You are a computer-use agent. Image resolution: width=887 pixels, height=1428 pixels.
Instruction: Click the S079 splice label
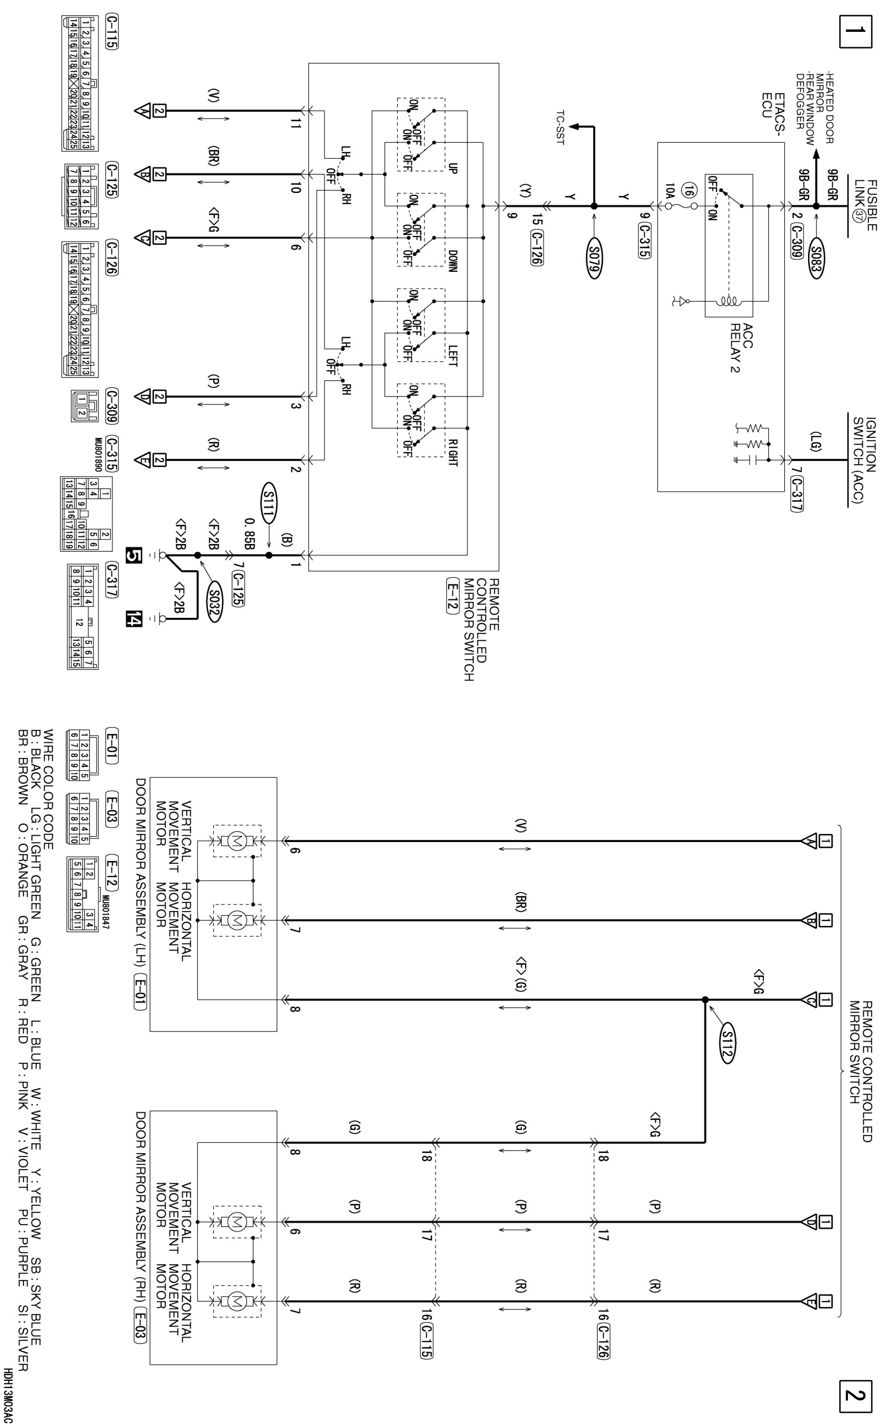[595, 258]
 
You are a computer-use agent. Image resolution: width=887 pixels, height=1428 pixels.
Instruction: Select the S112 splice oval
[726, 1045]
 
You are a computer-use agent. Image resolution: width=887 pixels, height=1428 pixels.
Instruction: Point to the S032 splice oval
[214, 601]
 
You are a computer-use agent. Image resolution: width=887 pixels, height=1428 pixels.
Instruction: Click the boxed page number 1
[855, 30]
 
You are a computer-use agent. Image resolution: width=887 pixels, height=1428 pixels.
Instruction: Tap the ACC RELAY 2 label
[740, 347]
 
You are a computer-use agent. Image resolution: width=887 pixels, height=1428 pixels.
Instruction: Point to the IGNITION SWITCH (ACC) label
[865, 460]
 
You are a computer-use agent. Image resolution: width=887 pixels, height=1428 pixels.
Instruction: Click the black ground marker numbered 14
[134, 618]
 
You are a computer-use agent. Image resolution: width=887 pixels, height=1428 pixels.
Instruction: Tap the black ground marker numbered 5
[134, 555]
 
